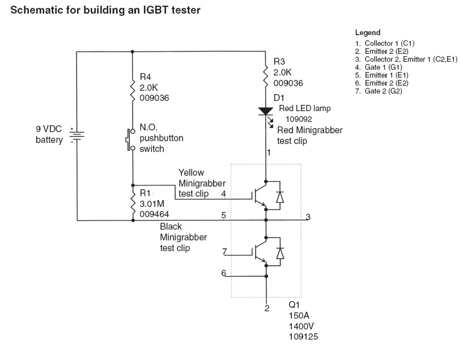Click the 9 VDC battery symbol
77,135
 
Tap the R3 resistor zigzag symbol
266,75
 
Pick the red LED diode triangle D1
266,111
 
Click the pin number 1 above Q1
269,153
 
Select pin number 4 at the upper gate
223,193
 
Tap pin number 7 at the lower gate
224,251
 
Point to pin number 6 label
224,273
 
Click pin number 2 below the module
267,308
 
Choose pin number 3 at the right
308,217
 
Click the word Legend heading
368,32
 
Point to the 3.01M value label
152,204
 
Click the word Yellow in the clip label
191,172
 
